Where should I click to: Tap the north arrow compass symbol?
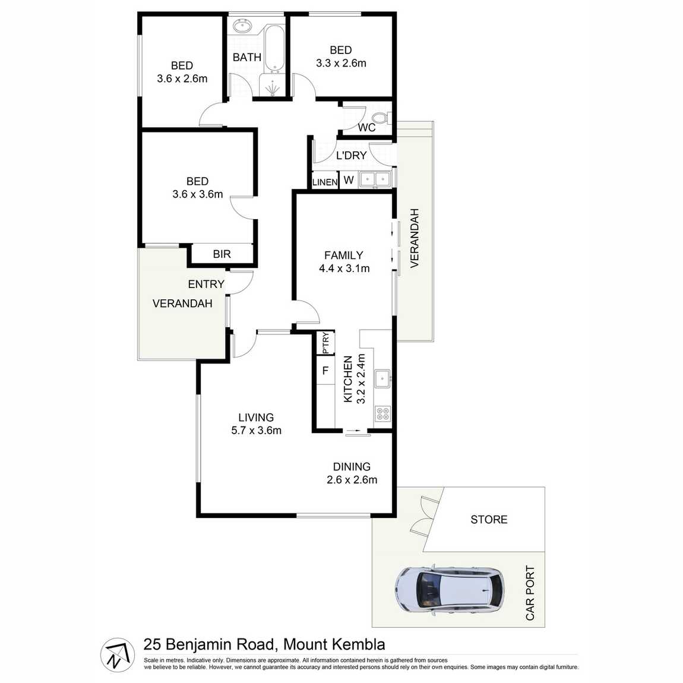[116, 655]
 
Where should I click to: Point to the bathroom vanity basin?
[242, 26]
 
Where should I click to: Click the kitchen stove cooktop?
[382, 413]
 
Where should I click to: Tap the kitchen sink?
[382, 377]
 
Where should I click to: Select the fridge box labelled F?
[325, 371]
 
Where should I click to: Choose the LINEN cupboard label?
[324, 182]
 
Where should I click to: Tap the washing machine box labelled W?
[349, 180]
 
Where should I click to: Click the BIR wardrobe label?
[222, 254]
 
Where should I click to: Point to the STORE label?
[489, 520]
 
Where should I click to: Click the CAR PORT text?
[530, 593]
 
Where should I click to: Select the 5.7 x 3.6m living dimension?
[256, 431]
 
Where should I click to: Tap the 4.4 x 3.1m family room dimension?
[344, 268]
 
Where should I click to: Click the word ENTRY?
[206, 284]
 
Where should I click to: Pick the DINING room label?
[352, 467]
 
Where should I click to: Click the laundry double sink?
[375, 178]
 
